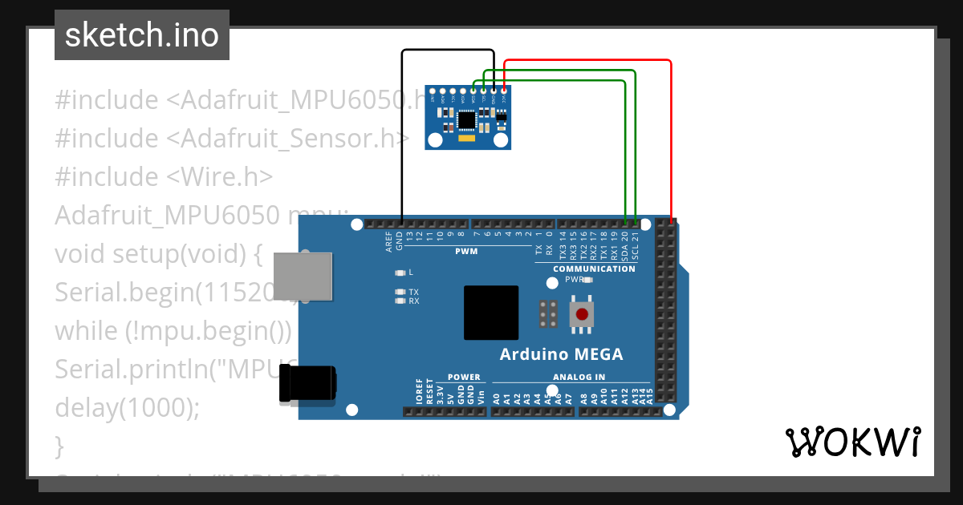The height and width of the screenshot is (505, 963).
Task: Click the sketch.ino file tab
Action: pyautogui.click(x=142, y=35)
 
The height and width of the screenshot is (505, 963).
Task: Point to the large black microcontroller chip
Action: pyautogui.click(x=491, y=313)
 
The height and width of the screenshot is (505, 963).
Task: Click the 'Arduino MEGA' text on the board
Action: pyautogui.click(x=561, y=354)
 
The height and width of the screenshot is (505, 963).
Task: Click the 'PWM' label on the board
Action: pyautogui.click(x=466, y=251)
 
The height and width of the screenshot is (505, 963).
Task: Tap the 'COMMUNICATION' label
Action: pyautogui.click(x=594, y=269)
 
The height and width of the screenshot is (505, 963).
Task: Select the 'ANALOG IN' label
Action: pyautogui.click(x=579, y=377)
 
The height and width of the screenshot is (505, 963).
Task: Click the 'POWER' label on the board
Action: pyautogui.click(x=464, y=377)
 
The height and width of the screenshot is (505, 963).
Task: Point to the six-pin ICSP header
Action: pyautogui.click(x=550, y=314)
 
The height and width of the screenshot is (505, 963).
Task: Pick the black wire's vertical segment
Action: pyautogui.click(x=402, y=136)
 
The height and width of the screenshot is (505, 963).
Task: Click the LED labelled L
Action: pyautogui.click(x=400, y=273)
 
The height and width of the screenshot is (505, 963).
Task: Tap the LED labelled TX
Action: pyautogui.click(x=400, y=292)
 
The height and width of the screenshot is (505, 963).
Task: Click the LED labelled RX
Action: pyautogui.click(x=400, y=301)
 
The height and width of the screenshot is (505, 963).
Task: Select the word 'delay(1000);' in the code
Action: pyautogui.click(x=127, y=407)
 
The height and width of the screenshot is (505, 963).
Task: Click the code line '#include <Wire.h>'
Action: pyautogui.click(x=164, y=176)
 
